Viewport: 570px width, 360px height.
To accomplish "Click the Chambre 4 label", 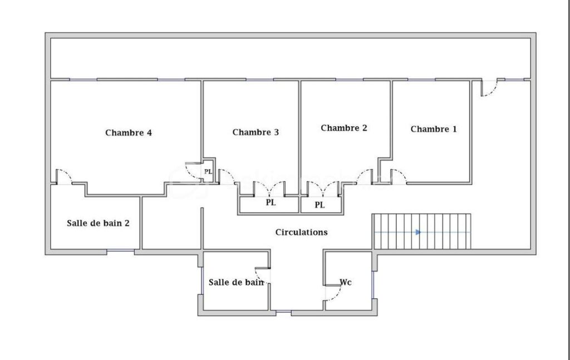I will coord(129,133).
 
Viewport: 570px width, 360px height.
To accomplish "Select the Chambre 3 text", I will coord(255,132).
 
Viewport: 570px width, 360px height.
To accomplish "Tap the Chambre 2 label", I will coord(344,128).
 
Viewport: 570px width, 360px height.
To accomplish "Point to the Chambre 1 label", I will coord(434,129).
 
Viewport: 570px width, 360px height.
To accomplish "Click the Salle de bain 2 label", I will coord(99,223).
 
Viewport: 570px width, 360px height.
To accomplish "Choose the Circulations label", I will coord(302,232).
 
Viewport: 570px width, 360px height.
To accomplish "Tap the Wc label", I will coord(346,282).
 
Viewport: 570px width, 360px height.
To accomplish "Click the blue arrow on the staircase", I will coord(418,232).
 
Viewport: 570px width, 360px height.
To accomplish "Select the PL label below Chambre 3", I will coord(271,203).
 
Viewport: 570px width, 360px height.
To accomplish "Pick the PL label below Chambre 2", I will coord(320,205).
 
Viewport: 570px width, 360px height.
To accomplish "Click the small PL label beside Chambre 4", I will coord(208,171).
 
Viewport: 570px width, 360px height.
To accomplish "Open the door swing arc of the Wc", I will coord(333,294).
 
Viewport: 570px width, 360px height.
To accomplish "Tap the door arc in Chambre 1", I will coord(399,176).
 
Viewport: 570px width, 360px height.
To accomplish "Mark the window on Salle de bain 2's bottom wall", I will coord(120,251).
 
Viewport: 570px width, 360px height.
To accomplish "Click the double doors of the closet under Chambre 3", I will coord(270,189).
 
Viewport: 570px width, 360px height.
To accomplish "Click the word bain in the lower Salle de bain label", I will coord(253,282).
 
